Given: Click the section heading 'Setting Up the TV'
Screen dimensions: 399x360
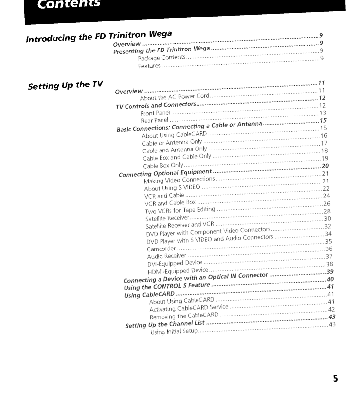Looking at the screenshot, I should point(66,85).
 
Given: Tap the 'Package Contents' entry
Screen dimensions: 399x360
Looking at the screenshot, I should point(162,58).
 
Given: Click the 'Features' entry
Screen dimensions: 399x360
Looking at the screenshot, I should point(149,66).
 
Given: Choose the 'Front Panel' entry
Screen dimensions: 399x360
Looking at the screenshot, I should point(155,113).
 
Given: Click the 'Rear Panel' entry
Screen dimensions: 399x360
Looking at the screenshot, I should point(155,120).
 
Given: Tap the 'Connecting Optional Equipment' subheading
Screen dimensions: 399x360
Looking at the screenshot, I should point(165,173).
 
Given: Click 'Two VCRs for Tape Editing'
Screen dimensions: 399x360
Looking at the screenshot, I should point(180,210).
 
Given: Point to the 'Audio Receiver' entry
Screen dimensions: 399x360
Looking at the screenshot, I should point(166,256).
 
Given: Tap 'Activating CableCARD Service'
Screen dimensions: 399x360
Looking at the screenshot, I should point(189,308).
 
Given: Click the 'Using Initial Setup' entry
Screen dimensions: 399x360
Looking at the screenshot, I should point(174,331).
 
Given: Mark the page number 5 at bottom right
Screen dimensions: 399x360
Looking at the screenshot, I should point(335,379).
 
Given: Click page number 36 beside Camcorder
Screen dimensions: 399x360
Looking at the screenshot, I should point(329,249).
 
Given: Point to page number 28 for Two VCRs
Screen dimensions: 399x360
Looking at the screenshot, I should point(327,211).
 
